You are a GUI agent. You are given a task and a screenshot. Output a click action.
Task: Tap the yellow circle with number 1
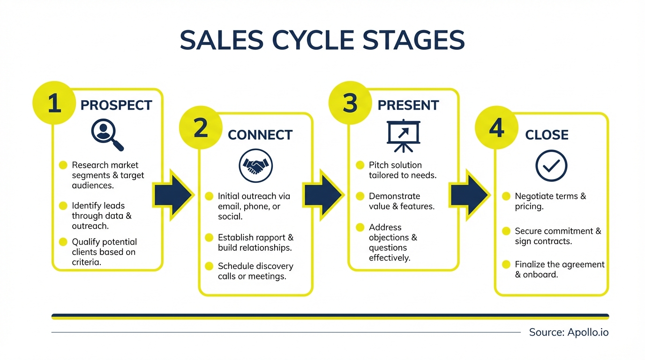click(x=54, y=103)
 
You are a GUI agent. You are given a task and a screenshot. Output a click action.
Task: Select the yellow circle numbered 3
click(x=350, y=103)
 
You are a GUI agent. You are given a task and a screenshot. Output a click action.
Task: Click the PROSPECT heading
click(x=116, y=105)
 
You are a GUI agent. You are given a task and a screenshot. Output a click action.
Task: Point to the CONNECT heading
click(x=260, y=135)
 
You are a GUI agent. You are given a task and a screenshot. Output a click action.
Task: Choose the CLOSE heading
click(x=547, y=135)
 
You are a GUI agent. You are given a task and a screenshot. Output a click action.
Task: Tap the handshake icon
click(x=256, y=165)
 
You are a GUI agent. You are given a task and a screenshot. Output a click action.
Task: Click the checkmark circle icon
click(x=551, y=165)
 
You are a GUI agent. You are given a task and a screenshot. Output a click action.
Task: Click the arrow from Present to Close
click(x=469, y=195)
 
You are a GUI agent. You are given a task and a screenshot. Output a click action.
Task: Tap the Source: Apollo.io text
click(x=569, y=332)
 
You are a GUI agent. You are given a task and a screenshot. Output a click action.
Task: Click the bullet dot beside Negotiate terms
click(x=506, y=196)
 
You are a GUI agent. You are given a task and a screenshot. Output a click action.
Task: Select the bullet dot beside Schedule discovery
click(x=209, y=266)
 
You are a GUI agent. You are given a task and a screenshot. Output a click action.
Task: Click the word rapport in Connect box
click(x=268, y=237)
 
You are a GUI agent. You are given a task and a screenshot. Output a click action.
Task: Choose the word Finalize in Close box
click(x=530, y=264)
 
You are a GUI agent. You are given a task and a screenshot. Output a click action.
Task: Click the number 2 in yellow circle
click(x=201, y=128)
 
